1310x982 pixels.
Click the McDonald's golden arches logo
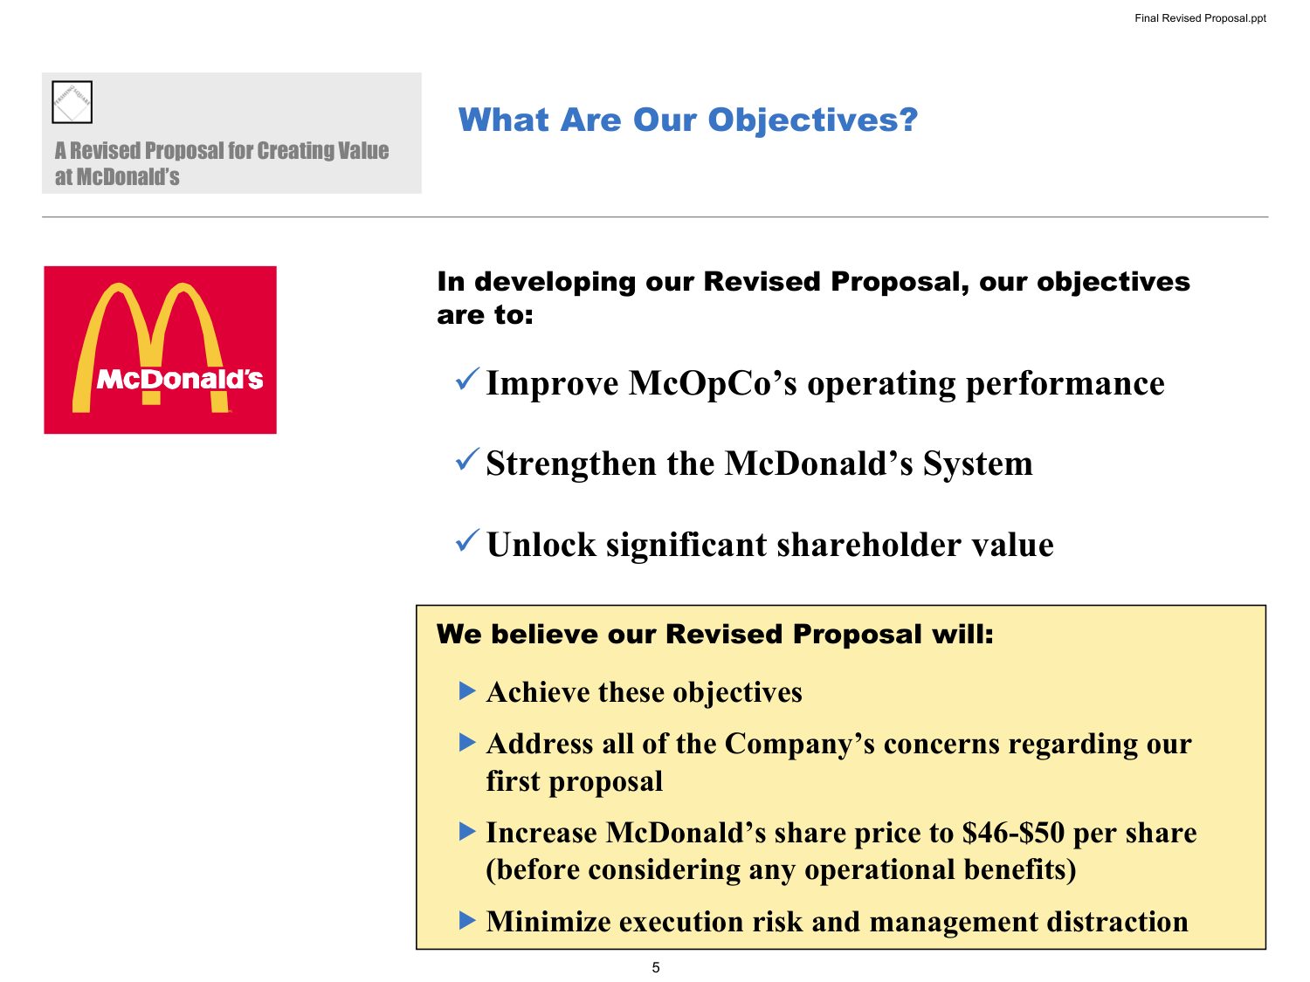click(x=160, y=350)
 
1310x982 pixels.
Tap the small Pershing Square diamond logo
click(x=72, y=102)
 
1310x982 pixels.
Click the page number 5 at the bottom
click(x=655, y=967)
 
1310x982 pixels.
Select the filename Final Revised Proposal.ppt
click(x=1200, y=18)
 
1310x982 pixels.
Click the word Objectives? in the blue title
click(x=813, y=120)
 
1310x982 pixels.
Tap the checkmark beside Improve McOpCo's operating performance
click(x=467, y=379)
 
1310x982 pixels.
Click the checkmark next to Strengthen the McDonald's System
click(x=467, y=459)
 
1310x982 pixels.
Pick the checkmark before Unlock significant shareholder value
click(x=467, y=540)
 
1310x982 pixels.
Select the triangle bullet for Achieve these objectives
click(x=467, y=691)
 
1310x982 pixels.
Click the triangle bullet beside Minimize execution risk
click(x=467, y=921)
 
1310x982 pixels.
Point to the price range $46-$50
click(x=1013, y=833)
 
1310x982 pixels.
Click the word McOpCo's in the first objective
click(x=713, y=383)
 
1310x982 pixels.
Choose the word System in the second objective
click(x=977, y=464)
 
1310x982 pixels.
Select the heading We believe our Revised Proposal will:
click(x=715, y=634)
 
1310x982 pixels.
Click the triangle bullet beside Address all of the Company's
click(x=467, y=742)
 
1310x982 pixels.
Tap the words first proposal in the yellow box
click(x=574, y=781)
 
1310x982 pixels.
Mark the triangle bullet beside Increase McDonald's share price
click(x=467, y=831)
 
